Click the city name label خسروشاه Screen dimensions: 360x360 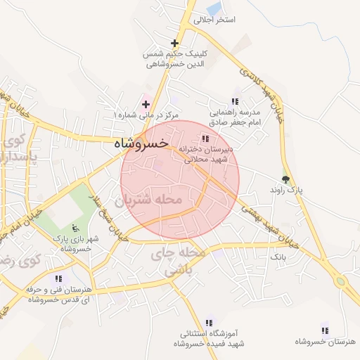141,143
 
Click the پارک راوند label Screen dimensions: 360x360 286,191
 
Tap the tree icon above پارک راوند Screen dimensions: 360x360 285,179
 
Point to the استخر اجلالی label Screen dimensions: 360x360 214,20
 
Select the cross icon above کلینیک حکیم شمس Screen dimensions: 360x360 174,44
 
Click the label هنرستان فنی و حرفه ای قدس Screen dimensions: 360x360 58,294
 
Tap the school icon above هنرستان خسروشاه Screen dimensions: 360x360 324,329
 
